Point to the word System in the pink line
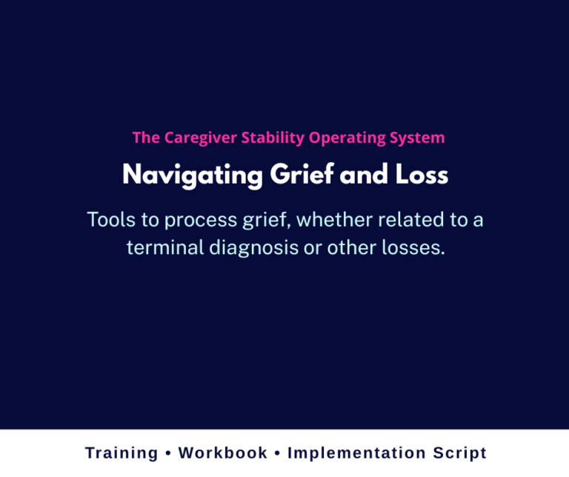[417, 138]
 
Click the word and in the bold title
[359, 176]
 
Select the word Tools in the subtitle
[110, 220]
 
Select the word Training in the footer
[122, 453]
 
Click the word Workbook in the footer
[223, 453]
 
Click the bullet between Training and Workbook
[169, 453]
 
